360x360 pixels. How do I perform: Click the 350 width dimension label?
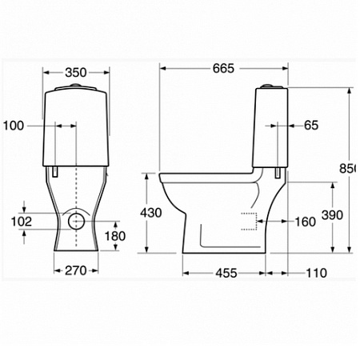pyautogui.click(x=75, y=73)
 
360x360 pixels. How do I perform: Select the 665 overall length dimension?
pyautogui.click(x=223, y=69)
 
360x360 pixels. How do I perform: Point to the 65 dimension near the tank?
pyautogui.click(x=311, y=125)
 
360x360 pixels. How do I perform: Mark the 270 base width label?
pyautogui.click(x=76, y=272)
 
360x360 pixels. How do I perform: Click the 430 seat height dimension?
pyautogui.click(x=150, y=214)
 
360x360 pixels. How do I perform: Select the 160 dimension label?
pyautogui.click(x=305, y=222)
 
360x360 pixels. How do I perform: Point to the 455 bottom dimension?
pyautogui.click(x=226, y=273)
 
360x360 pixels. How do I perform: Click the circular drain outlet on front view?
pyautogui.click(x=76, y=220)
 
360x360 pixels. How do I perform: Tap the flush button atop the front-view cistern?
pyautogui.click(x=75, y=86)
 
